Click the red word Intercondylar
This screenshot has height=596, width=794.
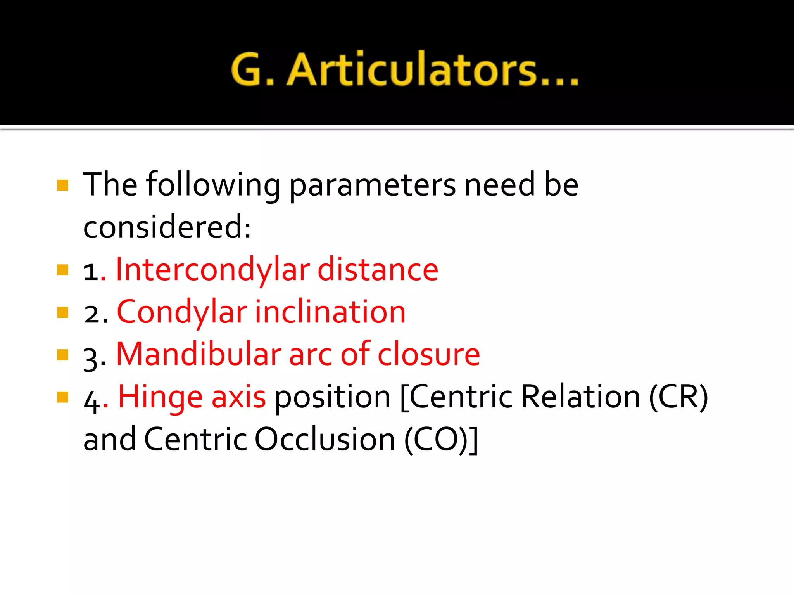click(213, 270)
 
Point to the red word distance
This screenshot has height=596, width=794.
click(378, 270)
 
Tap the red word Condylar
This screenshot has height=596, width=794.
click(182, 313)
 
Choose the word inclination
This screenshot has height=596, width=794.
click(330, 313)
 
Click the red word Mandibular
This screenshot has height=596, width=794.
click(198, 355)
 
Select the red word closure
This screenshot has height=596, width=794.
click(429, 355)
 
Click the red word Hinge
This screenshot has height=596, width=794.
click(160, 397)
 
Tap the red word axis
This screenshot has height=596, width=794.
click(238, 397)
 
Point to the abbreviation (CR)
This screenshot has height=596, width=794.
click(678, 397)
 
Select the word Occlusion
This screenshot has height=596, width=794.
click(325, 440)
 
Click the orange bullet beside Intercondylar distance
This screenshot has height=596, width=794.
click(62, 270)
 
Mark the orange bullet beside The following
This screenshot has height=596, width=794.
click(62, 185)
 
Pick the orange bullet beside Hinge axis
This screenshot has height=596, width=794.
click(62, 397)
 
